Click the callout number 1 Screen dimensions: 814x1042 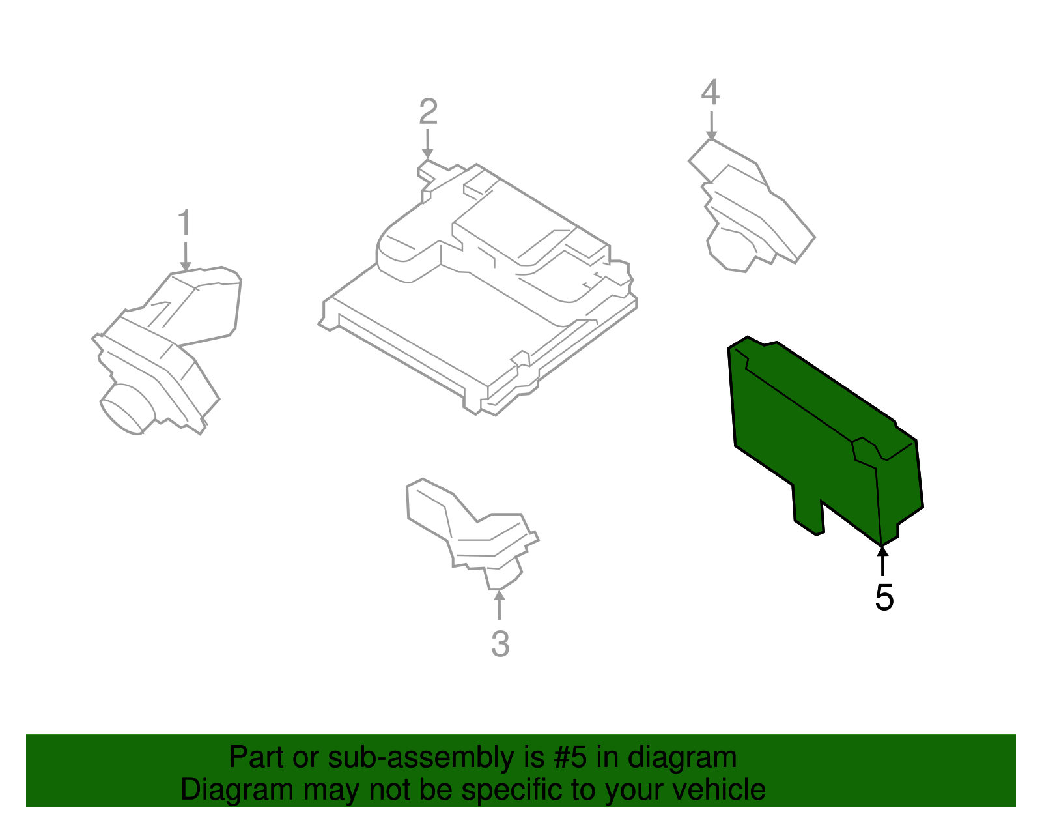tap(185, 223)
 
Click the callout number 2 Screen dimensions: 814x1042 tap(428, 111)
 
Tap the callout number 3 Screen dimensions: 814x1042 tap(500, 644)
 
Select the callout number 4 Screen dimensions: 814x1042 tap(711, 92)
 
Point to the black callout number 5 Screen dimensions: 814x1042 tap(884, 597)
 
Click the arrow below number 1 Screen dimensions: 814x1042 tap(186, 256)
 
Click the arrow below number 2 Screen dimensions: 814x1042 tap(427, 143)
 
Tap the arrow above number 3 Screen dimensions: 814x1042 tap(500, 604)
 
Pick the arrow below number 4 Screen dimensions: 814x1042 tap(711, 125)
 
